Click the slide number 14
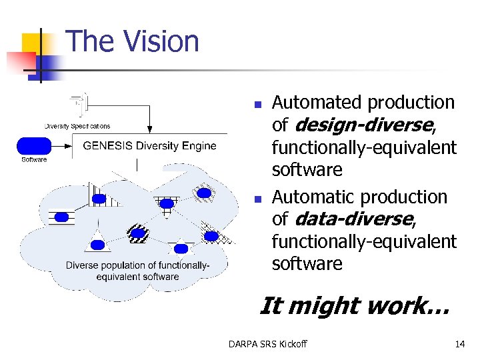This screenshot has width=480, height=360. [x=459, y=344]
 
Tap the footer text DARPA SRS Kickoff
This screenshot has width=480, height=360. [x=267, y=344]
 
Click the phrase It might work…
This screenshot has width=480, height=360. [x=354, y=306]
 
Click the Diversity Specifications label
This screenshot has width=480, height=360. [x=77, y=126]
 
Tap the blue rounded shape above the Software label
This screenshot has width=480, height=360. [x=35, y=146]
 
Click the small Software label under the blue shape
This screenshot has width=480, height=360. [x=34, y=159]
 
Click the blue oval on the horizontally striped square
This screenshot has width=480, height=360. [x=62, y=217]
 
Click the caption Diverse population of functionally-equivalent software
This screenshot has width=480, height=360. [x=137, y=271]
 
